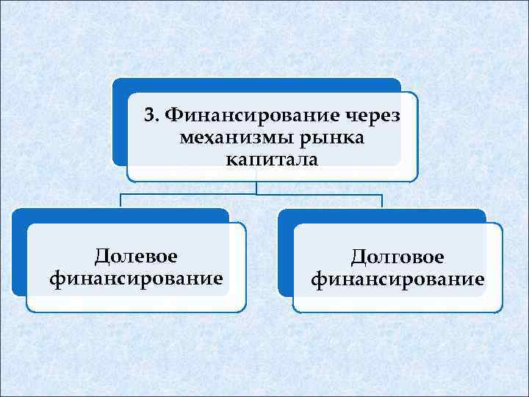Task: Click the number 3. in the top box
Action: click(x=152, y=115)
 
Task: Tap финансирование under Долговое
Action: click(x=397, y=279)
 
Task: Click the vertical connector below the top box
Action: click(x=257, y=188)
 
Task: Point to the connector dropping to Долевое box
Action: click(x=120, y=201)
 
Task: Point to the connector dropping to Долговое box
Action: click(x=382, y=201)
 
